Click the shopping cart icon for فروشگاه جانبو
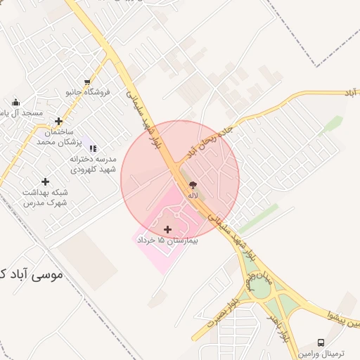87,82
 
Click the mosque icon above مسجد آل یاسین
15,103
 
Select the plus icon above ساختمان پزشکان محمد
58,121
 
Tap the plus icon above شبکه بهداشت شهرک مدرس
46,181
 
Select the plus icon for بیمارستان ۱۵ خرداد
167,229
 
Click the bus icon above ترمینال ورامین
321,342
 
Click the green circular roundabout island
260,288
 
